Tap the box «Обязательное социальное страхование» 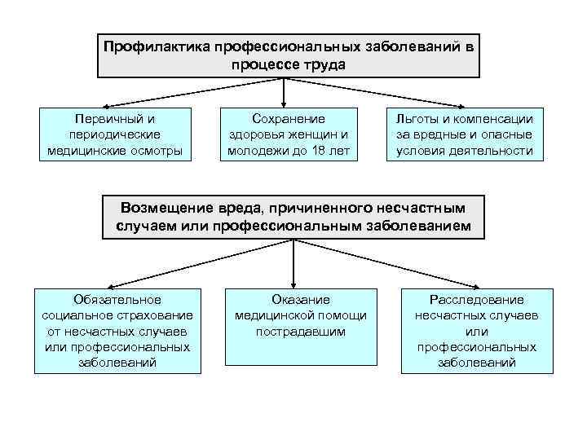click(117, 331)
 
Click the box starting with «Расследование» click(476, 331)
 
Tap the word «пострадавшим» click(300, 332)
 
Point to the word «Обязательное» click(117, 299)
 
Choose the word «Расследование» click(476, 299)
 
